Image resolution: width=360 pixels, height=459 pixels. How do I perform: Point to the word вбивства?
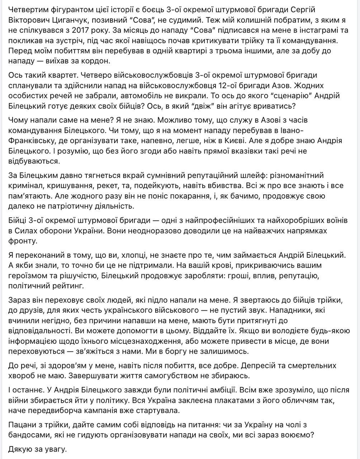pyautogui.click(x=234, y=186)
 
